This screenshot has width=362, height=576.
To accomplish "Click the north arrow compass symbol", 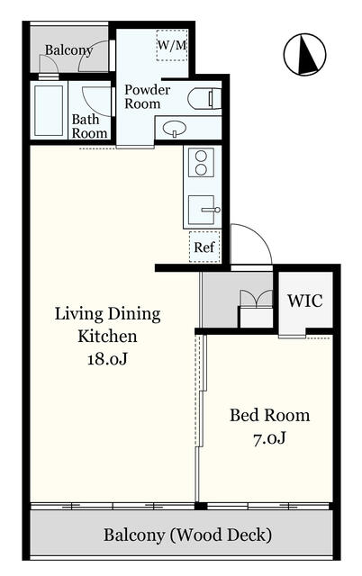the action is pos(304,54).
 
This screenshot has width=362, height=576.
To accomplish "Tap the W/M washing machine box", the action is pos(172,45).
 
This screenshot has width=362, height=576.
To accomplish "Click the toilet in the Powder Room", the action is pos(204,98).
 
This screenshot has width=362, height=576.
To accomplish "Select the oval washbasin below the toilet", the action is pos(174,129).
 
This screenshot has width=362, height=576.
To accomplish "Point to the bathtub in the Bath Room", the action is pos(49,111).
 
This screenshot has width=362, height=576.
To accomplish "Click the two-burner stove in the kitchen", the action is pos(201,163).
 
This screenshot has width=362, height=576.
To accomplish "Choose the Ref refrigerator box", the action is pos(204,247).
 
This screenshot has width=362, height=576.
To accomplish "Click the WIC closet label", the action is pos(305,301).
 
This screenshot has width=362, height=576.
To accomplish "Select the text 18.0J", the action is pos(107,358).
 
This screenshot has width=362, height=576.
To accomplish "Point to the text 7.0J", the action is pos(269,438).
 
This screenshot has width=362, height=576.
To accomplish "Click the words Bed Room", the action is pos(270,416).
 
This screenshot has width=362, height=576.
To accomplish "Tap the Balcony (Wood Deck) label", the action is pos(188,535).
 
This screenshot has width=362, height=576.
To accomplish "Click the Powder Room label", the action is pos(147,96).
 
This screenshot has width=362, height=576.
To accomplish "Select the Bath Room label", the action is pos(89,126).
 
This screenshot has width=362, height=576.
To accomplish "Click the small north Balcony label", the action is pos(68,50).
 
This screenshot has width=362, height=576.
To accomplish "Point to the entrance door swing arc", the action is pos(258,234).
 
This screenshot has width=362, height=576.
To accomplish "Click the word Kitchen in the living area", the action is pos(107,336).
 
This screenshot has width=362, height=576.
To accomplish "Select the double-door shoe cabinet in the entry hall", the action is pos(256,308).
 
